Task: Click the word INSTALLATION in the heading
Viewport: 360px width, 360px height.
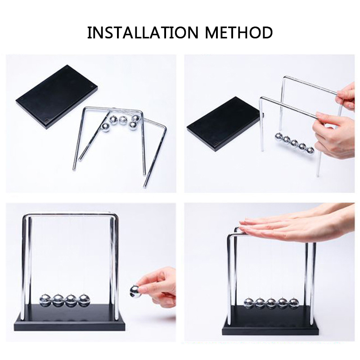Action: pos(143,32)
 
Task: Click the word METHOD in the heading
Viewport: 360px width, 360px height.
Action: pos(239,32)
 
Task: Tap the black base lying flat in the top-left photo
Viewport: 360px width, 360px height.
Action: pos(57,97)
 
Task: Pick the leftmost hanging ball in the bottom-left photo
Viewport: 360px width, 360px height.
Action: pos(45,300)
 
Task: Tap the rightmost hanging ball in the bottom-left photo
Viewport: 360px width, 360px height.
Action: pos(84,300)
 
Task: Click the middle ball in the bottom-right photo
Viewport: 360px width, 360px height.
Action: pos(271,302)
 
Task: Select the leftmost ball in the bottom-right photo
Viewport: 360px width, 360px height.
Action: pos(249,302)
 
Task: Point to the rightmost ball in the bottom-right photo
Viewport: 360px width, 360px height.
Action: pos(294,302)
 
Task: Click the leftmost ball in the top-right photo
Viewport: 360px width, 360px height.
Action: pos(279,137)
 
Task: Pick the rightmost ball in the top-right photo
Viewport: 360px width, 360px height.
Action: pos(310,151)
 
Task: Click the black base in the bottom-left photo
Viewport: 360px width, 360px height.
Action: pos(70,318)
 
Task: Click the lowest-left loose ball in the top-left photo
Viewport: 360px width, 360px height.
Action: pos(105,128)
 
